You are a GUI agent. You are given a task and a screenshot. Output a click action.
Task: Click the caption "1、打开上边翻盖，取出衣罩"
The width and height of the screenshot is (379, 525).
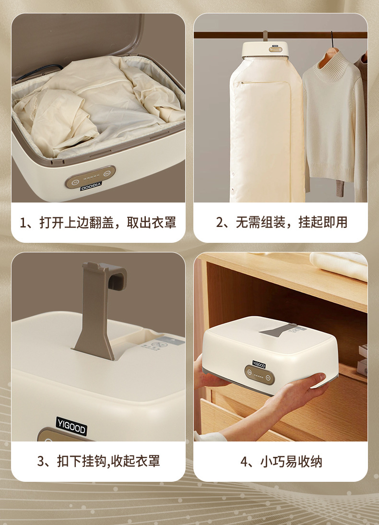pyautogui.click(x=98, y=222)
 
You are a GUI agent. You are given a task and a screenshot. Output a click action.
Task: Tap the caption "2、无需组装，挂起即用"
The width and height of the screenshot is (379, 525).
pyautogui.click(x=282, y=222)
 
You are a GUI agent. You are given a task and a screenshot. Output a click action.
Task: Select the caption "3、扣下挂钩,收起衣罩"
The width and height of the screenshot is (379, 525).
pyautogui.click(x=98, y=461)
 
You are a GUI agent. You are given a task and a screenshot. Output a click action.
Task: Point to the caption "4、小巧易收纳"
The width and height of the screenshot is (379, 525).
pyautogui.click(x=281, y=461)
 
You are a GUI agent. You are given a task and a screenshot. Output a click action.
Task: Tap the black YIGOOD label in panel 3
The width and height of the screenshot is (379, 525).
pyautogui.click(x=71, y=426)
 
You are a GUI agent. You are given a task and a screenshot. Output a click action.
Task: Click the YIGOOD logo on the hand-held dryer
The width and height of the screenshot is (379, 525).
pyautogui.click(x=259, y=364)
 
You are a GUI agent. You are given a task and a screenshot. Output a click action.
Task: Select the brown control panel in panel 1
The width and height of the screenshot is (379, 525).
pyautogui.click(x=90, y=177)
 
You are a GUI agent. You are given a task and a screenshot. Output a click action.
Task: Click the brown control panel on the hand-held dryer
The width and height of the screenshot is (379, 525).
pyautogui.click(x=260, y=375)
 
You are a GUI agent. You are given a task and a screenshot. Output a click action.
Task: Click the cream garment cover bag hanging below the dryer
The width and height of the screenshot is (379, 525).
pyautogui.click(x=267, y=129)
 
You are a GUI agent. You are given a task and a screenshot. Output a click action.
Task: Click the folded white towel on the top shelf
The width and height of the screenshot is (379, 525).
pyautogui.click(x=339, y=264)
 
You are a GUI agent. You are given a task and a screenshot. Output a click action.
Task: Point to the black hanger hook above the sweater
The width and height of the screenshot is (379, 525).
pyautogui.click(x=332, y=40)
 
